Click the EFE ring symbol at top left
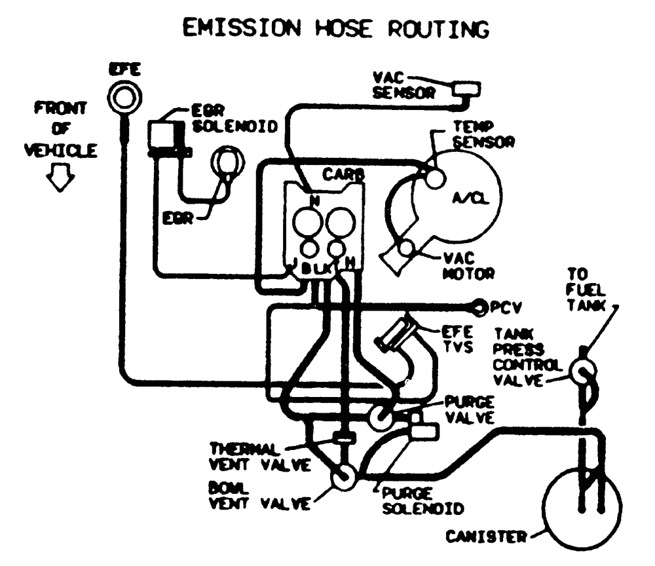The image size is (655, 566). click(122, 98)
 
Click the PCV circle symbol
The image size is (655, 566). click(481, 305)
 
